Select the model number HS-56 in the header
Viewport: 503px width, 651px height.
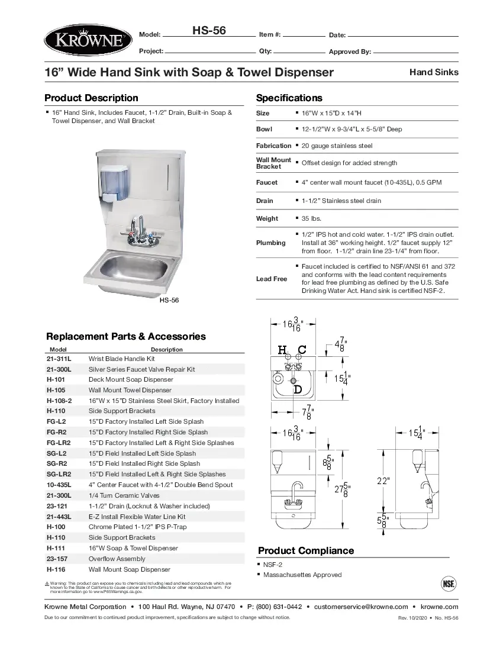[209, 30]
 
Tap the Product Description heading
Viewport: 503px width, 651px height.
[91, 98]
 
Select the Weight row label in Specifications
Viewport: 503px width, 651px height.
[267, 218]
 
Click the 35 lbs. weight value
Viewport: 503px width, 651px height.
[311, 218]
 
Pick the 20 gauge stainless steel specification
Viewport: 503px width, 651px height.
[337, 146]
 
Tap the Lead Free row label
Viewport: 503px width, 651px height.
[271, 279]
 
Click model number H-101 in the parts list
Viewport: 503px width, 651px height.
[56, 380]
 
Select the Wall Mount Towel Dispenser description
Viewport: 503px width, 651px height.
[130, 390]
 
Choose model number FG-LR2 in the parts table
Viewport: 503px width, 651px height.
[59, 443]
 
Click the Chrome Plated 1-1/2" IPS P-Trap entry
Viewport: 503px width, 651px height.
[137, 527]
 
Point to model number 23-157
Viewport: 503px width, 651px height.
[58, 559]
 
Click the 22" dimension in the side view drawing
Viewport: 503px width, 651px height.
[383, 481]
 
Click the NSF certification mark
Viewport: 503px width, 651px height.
[449, 583]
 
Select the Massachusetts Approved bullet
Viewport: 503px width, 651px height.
[302, 575]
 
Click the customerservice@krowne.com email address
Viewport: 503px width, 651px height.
[360, 607]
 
